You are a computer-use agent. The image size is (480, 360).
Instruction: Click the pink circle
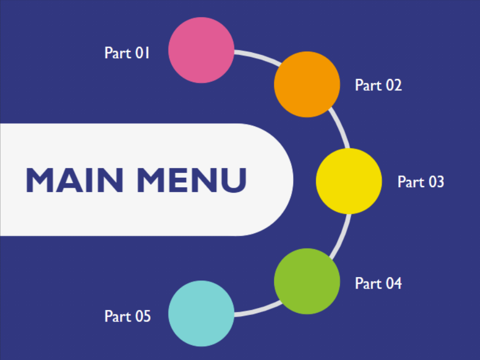pyautogui.click(x=201, y=50)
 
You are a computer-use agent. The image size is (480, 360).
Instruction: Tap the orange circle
pyautogui.click(x=307, y=84)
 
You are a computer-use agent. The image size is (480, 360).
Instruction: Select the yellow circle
pyautogui.click(x=349, y=181)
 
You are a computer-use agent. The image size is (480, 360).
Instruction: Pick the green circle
pyautogui.click(x=307, y=281)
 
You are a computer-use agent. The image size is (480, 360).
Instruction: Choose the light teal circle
pyautogui.click(x=201, y=313)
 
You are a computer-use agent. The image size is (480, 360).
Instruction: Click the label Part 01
pyautogui.click(x=127, y=53)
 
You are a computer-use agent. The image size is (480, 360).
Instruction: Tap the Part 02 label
pyautogui.click(x=378, y=85)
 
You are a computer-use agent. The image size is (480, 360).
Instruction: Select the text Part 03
pyautogui.click(x=420, y=182)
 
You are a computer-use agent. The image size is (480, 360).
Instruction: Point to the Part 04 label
pyautogui.click(x=378, y=283)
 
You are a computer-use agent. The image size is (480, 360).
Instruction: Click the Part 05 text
pyautogui.click(x=127, y=316)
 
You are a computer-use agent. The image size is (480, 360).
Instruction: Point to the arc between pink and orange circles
pyautogui.click(x=255, y=57)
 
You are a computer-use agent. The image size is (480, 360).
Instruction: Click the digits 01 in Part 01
pyautogui.click(x=142, y=53)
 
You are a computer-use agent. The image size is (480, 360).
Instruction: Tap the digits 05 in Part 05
pyautogui.click(x=142, y=316)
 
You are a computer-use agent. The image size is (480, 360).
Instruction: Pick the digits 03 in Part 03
pyautogui.click(x=436, y=182)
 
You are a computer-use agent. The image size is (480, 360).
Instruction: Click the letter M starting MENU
pyautogui.click(x=152, y=180)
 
